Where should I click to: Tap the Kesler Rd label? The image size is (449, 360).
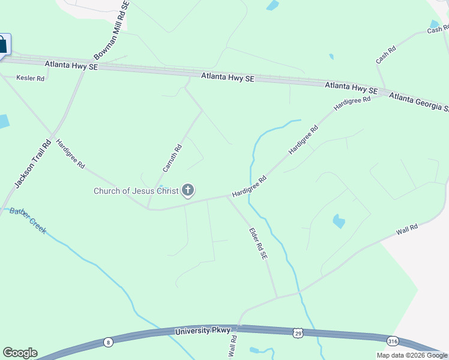(31, 79)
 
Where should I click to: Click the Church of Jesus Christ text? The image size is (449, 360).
(136, 191)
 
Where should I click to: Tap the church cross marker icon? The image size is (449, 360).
(188, 191)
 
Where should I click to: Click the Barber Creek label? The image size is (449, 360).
(28, 221)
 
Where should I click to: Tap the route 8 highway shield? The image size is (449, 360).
(108, 342)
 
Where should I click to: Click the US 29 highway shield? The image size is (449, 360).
(298, 333)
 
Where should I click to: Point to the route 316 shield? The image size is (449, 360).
(393, 341)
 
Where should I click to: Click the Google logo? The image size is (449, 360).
(20, 353)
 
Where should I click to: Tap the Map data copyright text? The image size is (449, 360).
(412, 355)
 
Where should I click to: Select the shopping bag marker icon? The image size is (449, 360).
(2, 45)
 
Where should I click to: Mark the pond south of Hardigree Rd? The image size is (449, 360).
(339, 221)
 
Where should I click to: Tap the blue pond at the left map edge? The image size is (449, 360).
(3, 121)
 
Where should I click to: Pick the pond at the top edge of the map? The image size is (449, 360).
(273, 5)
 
